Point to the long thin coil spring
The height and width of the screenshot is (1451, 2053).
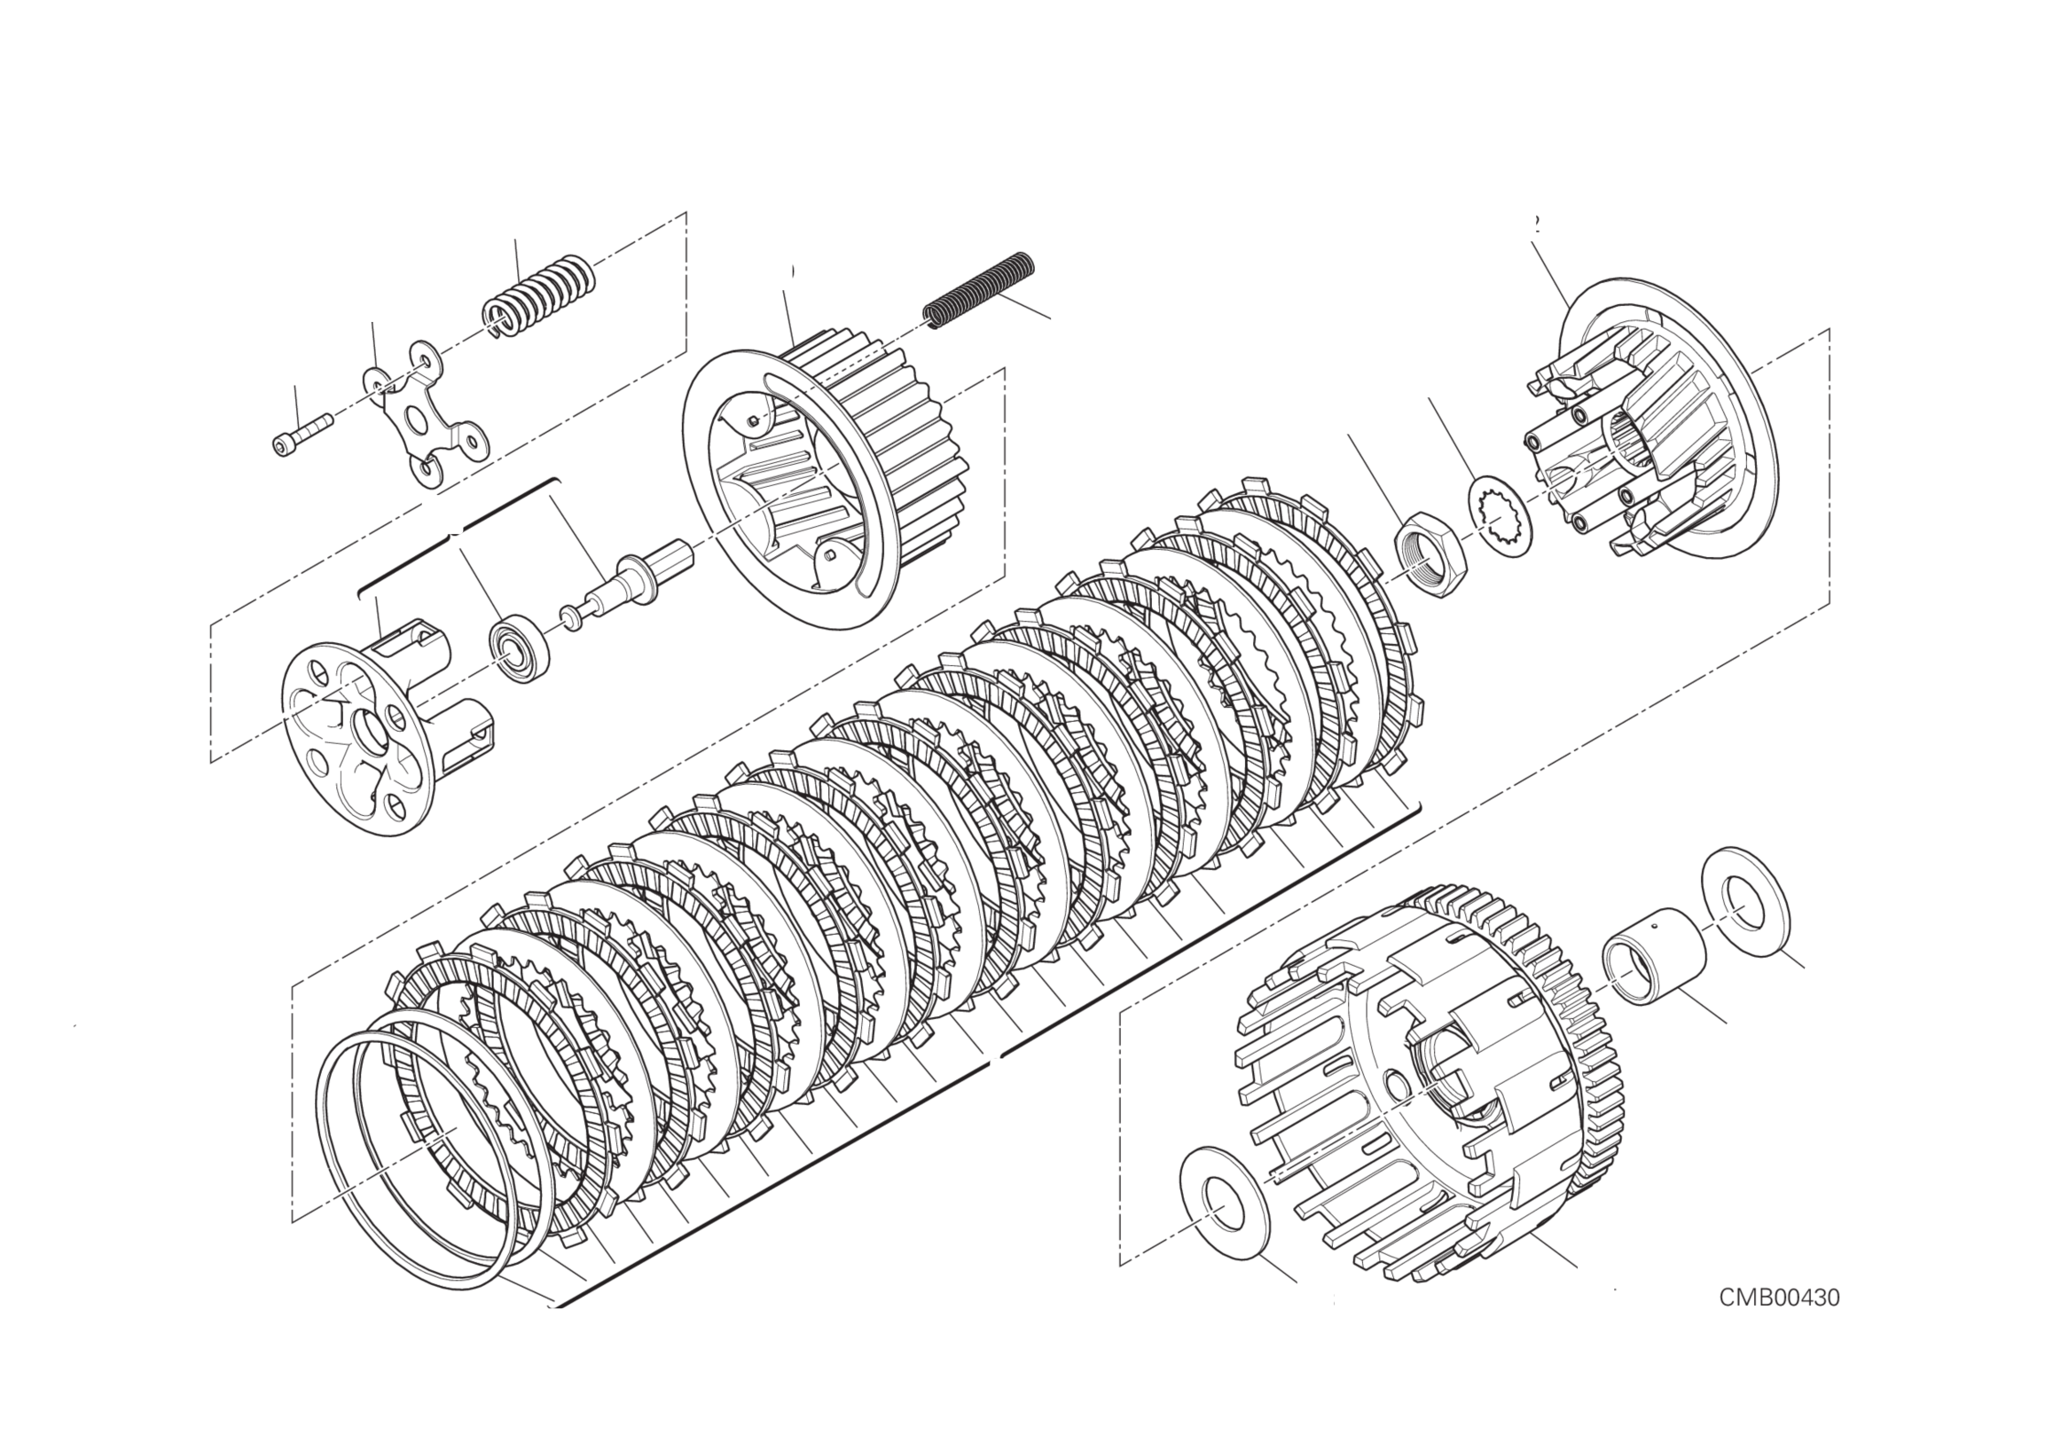tap(979, 290)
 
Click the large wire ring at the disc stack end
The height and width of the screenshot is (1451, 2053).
tap(411, 1153)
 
